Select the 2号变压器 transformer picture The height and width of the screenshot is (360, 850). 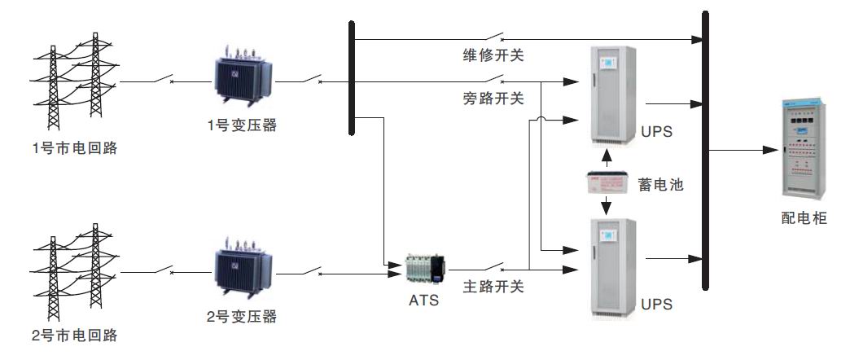point(243,268)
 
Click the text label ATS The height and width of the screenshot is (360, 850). point(423,301)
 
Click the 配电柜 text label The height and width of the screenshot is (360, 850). point(803,218)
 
